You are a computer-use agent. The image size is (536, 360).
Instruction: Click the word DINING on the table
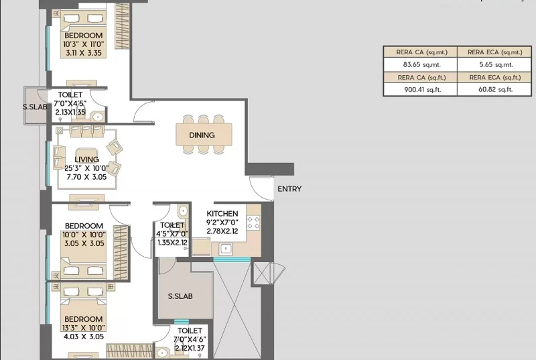[202, 135]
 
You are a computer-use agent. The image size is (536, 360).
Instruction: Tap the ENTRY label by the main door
[289, 189]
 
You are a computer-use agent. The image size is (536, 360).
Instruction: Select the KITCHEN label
[222, 214]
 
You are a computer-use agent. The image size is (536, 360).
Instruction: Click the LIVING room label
[86, 160]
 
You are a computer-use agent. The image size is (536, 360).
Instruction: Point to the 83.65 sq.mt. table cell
[421, 64]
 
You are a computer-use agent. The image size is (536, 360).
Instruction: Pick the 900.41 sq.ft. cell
[423, 90]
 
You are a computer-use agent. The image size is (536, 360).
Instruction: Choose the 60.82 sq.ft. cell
[495, 90]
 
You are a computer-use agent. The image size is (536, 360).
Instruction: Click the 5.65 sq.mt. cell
[495, 64]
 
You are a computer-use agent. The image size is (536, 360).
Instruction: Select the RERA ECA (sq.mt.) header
[494, 52]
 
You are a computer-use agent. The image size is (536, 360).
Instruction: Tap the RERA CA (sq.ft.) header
[421, 78]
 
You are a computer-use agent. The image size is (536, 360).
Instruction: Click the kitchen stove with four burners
[253, 222]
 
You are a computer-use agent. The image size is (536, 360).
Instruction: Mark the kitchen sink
[226, 249]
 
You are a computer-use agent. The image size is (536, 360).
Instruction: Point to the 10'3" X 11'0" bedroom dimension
[83, 44]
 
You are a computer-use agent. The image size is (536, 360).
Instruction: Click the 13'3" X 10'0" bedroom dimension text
[83, 328]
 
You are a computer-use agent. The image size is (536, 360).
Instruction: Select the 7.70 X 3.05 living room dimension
[86, 177]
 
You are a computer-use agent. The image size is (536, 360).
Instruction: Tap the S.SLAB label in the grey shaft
[180, 296]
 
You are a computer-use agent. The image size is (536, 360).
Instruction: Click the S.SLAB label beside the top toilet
[35, 107]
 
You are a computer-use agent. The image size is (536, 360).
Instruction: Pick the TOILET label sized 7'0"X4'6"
[190, 331]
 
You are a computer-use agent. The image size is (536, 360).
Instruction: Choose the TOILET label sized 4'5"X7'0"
[172, 225]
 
